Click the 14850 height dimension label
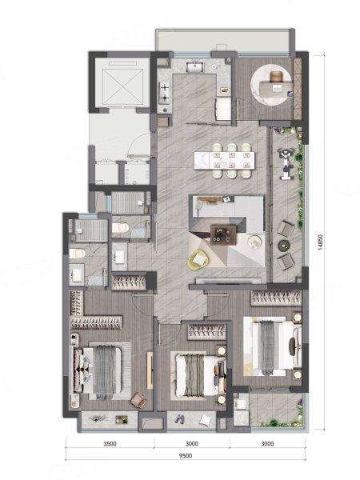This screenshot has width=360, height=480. pyautogui.click(x=320, y=242)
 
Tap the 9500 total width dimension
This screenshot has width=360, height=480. pyautogui.click(x=186, y=456)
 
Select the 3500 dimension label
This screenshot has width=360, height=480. pyautogui.click(x=110, y=443)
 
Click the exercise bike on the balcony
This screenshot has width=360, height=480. pyautogui.click(x=286, y=163)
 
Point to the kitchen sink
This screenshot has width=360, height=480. pyautogui.click(x=194, y=66)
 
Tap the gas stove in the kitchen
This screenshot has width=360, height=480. pyautogui.click(x=165, y=93)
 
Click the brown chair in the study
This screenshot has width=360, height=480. pyautogui.click(x=277, y=77)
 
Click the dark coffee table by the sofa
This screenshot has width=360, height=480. pyautogui.click(x=223, y=235)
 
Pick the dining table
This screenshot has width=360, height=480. pyautogui.click(x=224, y=161)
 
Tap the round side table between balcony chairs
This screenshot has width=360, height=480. pyautogui.click(x=283, y=246)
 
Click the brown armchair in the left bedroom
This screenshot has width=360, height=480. pyautogui.click(x=138, y=401)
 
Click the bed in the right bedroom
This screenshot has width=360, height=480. pyautogui.click(x=273, y=346)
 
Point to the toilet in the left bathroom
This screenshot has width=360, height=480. pyautogui.click(x=77, y=254)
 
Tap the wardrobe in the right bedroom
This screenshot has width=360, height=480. pyautogui.click(x=276, y=298)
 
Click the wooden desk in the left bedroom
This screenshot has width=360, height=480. pyautogui.click(x=150, y=370)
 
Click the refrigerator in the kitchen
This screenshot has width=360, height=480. pyautogui.click(x=223, y=110)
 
